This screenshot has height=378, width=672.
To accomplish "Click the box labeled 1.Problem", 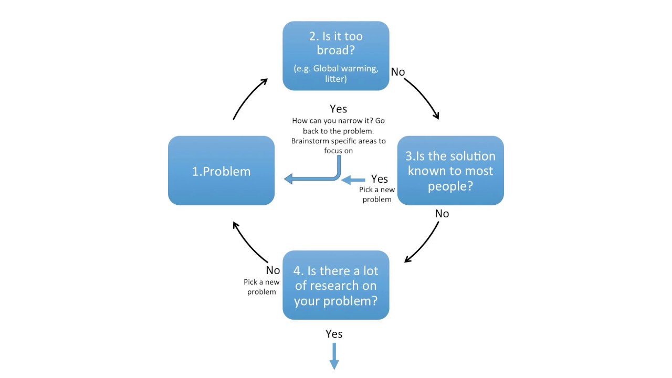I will point(221,171).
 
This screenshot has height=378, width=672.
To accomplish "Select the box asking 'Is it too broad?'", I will point(336,56).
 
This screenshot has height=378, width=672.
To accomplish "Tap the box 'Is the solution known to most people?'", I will point(450,171).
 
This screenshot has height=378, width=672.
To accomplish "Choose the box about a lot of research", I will point(336,285).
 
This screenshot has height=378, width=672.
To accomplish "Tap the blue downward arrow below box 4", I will point(334,356).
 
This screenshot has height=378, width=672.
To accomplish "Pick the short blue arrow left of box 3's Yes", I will point(353,180).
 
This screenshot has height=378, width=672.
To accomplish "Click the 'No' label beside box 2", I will point(398,72).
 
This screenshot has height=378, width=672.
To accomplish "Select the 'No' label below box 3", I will point(442,214).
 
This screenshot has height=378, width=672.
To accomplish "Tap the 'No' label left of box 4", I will point(273,270).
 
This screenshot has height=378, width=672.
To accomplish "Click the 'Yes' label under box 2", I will point(338,109).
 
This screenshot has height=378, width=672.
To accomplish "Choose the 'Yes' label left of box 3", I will point(380,180).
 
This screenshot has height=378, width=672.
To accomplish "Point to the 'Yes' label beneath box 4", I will point(334,334).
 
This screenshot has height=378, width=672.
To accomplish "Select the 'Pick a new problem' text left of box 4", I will point(261,287).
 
